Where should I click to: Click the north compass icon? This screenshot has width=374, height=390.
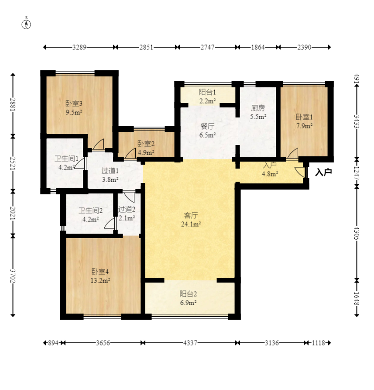(x=26, y=24)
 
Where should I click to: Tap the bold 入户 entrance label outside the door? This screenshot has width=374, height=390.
(x=323, y=172)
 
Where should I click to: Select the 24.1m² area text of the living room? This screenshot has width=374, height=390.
(x=191, y=224)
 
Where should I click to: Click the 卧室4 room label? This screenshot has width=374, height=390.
(x=100, y=271)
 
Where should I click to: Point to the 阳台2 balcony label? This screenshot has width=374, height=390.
(x=188, y=294)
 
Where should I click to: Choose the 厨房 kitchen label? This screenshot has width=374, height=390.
(x=258, y=108)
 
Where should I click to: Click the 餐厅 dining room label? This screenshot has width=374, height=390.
(x=207, y=126)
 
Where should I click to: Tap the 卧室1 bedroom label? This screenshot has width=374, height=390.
(x=304, y=117)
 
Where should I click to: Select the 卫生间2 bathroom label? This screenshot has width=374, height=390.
(x=90, y=211)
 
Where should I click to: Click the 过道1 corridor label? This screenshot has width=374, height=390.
(x=110, y=171)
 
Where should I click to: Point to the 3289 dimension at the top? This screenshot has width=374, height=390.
(x=79, y=47)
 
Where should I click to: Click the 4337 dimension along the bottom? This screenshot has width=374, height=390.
(x=190, y=343)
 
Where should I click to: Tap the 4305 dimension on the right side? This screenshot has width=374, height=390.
(x=357, y=233)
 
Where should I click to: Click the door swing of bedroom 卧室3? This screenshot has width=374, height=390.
(x=98, y=144)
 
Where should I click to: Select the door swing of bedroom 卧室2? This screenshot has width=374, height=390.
(x=130, y=153)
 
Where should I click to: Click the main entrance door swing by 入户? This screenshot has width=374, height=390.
(x=300, y=172)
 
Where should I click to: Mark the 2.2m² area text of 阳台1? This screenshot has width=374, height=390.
(x=207, y=101)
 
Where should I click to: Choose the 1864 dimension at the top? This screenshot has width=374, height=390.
(x=258, y=47)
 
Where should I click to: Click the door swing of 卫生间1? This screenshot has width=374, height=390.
(x=79, y=163)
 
